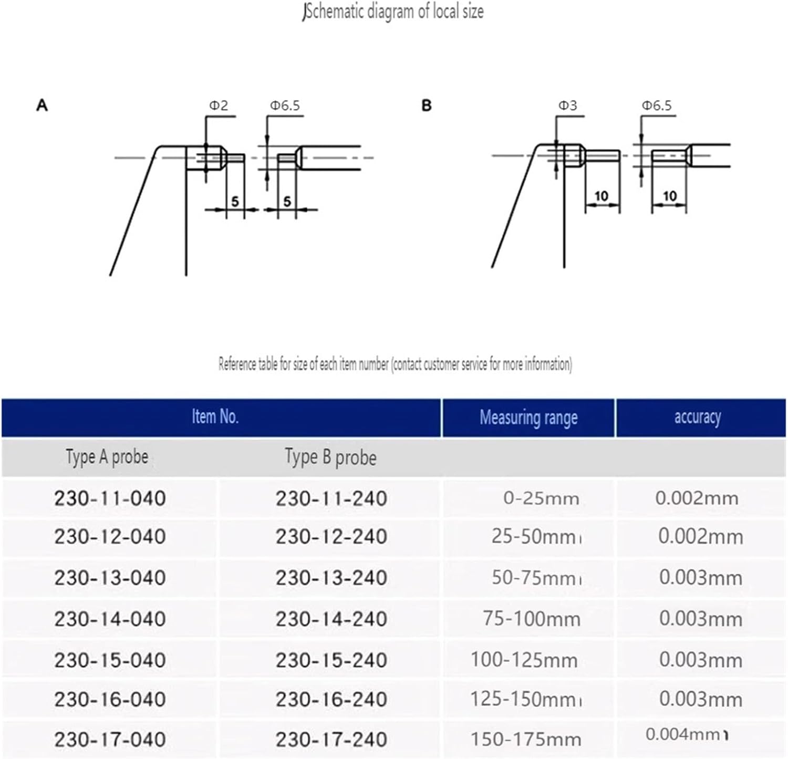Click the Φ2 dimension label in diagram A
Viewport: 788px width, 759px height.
(219, 106)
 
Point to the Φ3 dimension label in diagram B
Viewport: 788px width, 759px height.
(567, 106)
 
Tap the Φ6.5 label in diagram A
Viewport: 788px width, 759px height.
(285, 106)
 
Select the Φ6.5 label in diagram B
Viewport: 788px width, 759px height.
(657, 106)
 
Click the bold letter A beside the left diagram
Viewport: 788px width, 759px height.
(42, 106)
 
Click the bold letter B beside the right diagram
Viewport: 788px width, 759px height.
(427, 106)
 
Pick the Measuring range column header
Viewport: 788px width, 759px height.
(528, 418)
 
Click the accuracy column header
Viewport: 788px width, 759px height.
(698, 417)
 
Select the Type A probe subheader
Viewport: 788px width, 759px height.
(107, 457)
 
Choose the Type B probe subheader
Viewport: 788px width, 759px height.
(330, 458)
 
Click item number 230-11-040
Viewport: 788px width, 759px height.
(110, 498)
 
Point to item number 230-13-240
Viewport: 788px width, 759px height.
(331, 578)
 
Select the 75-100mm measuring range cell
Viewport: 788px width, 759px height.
(532, 619)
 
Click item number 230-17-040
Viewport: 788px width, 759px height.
(110, 740)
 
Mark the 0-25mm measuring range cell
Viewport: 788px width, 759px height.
(541, 498)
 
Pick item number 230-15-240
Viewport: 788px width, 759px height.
(331, 660)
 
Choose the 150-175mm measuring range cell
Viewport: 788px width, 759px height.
(526, 740)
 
